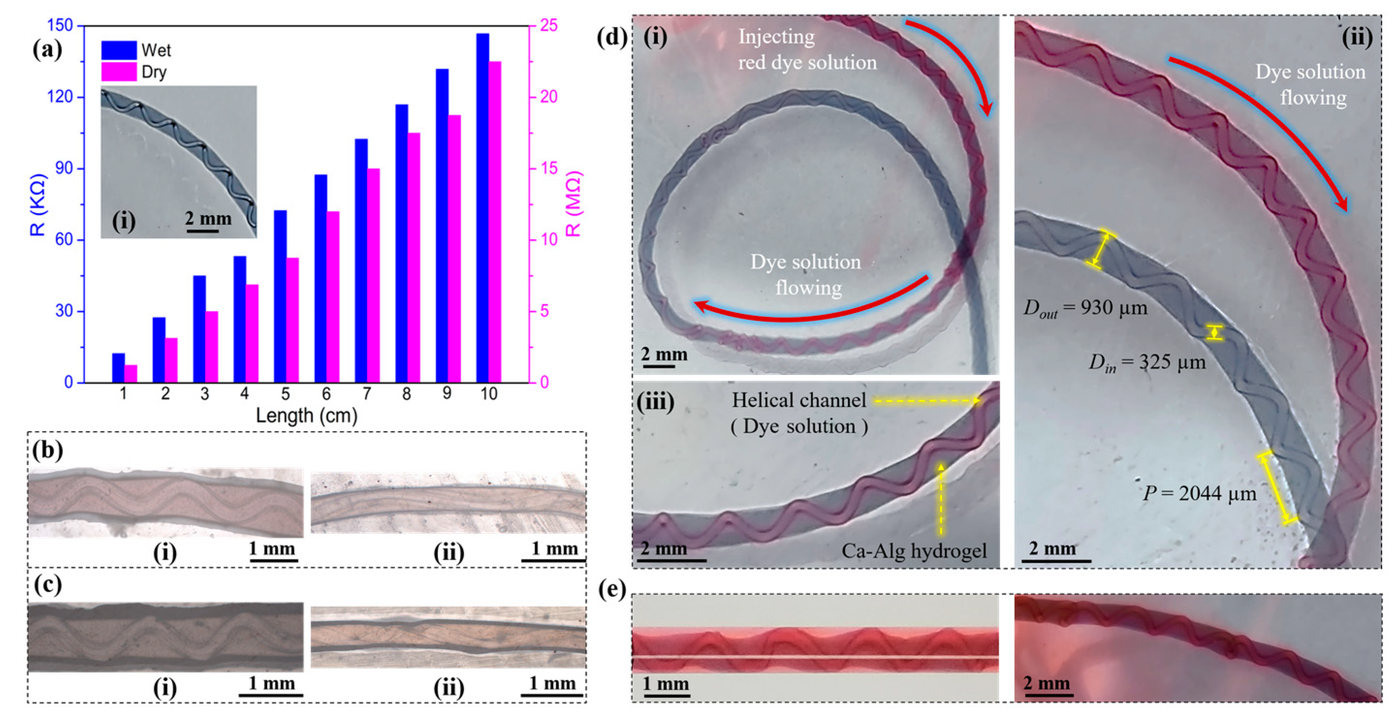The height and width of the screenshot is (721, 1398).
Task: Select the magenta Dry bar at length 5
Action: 293,320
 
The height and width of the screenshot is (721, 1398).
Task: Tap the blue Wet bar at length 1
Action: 118,368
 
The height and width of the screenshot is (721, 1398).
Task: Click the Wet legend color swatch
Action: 119,50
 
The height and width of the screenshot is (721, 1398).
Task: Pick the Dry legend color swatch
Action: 119,72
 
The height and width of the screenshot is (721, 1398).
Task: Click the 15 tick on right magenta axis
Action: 549,169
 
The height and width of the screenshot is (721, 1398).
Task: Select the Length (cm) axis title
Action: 307,416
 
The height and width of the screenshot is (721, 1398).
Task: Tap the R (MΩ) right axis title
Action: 574,204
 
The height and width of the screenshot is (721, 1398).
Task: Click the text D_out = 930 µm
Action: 1085,308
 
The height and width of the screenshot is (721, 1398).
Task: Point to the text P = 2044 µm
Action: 1199,494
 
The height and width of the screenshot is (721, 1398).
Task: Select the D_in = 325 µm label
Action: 1147,362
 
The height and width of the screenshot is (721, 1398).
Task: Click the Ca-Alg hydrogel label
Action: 914,551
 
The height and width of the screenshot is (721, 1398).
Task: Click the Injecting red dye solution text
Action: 807,50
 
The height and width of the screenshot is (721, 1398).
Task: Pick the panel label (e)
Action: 612,589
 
